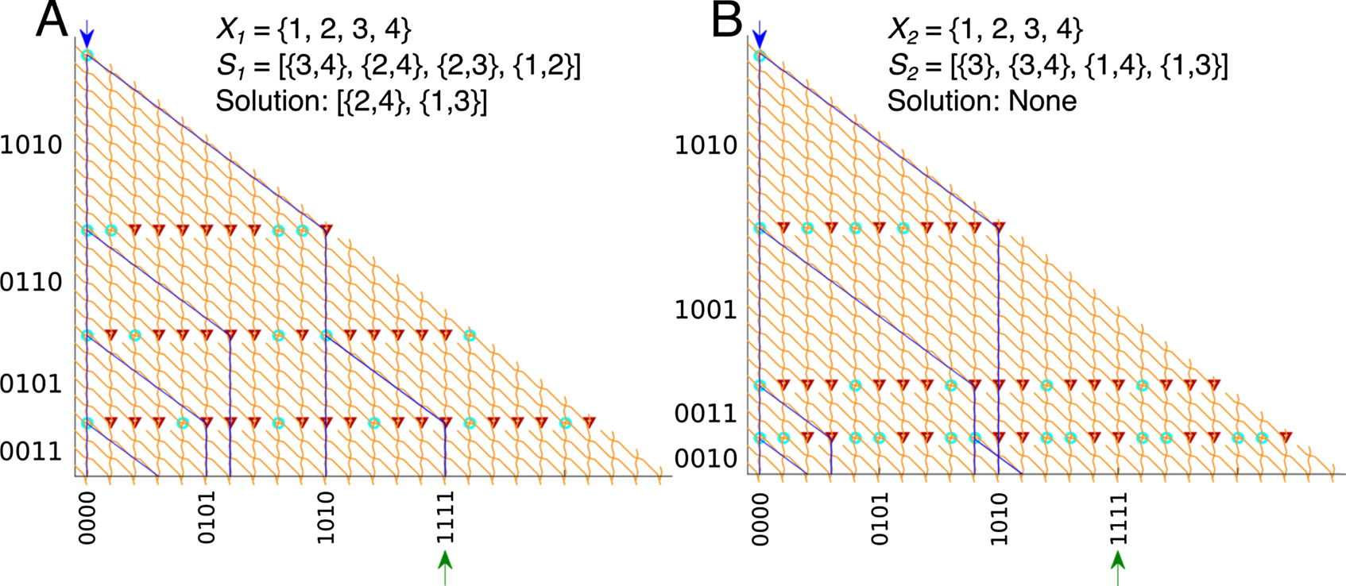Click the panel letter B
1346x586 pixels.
point(726,21)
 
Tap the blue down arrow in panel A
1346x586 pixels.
point(87,34)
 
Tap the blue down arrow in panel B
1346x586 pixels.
point(760,34)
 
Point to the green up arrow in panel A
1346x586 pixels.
point(445,567)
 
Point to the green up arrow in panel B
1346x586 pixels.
point(1118,567)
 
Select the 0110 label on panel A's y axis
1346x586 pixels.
point(31,282)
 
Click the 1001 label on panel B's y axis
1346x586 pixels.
point(706,310)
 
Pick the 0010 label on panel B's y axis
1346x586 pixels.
point(706,459)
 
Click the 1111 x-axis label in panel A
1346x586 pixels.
point(446,517)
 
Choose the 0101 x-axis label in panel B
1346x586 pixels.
point(880,518)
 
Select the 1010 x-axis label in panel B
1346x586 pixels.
point(999,518)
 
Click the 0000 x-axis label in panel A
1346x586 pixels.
point(87,517)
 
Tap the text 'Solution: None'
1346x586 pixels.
point(982,101)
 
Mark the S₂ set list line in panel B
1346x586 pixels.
point(1057,66)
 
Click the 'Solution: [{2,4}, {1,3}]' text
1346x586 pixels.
point(351,101)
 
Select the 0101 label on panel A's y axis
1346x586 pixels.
point(31,384)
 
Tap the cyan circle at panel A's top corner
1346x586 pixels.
point(87,56)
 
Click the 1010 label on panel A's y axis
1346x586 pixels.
point(31,145)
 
